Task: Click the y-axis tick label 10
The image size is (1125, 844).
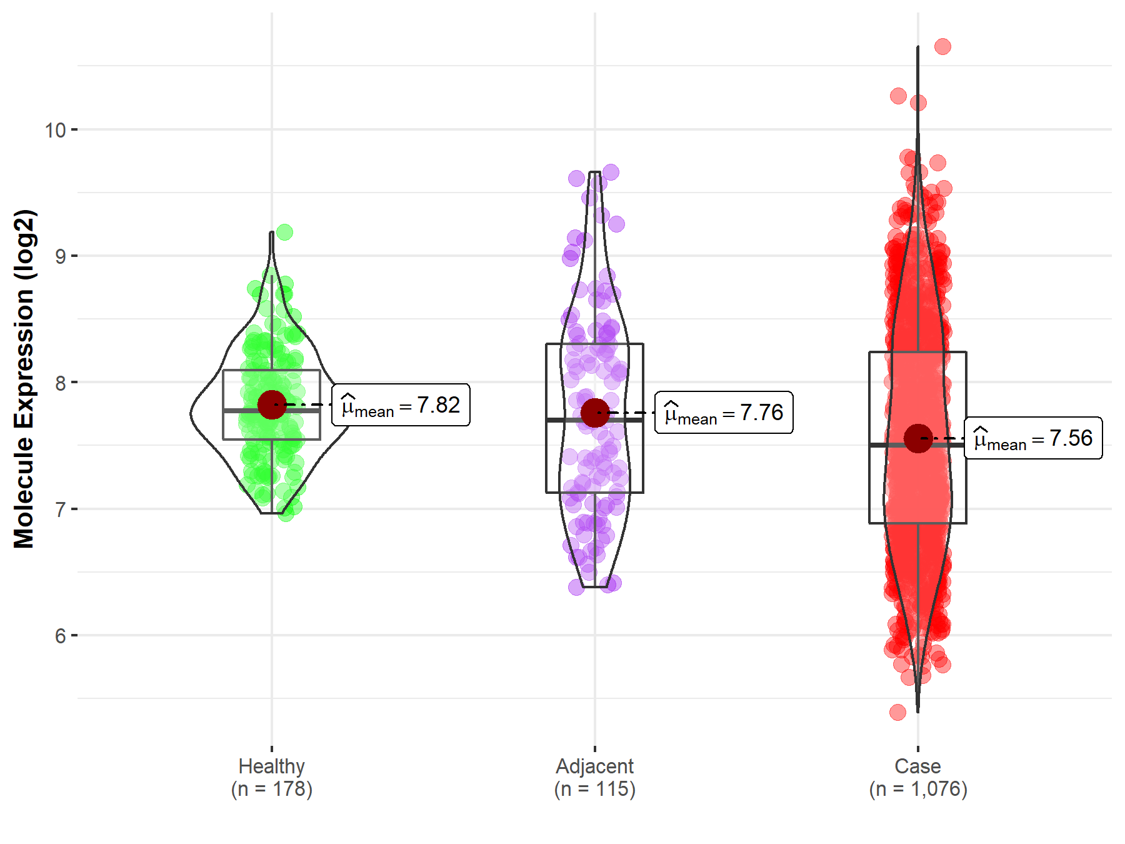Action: [x=55, y=130]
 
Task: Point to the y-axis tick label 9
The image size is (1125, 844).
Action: [x=60, y=256]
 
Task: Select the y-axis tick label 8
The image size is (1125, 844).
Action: [x=60, y=383]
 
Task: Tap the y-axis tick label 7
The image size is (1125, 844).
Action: [x=60, y=510]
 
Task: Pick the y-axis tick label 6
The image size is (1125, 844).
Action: [x=60, y=636]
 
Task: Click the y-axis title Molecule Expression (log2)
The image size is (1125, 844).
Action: [x=24, y=379]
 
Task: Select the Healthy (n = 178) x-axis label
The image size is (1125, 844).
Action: [x=272, y=778]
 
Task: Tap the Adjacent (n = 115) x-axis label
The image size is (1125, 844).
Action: [x=594, y=778]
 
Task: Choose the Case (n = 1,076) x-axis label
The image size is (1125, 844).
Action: [x=917, y=778]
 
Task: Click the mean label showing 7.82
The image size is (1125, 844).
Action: [x=401, y=405]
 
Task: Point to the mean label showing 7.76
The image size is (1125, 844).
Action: [x=724, y=413]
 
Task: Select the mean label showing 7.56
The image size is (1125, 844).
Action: [x=1033, y=438]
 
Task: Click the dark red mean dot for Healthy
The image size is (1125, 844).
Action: [x=272, y=405]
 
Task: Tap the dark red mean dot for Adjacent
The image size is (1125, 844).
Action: [x=594, y=413]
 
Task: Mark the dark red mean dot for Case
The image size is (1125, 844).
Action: [x=917, y=438]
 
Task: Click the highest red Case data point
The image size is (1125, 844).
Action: [x=942, y=46]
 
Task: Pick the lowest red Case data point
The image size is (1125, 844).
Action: [x=897, y=712]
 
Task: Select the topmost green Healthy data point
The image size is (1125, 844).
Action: [x=284, y=233]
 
